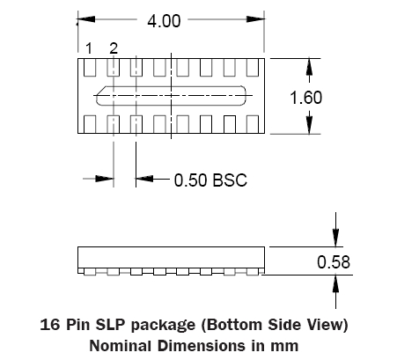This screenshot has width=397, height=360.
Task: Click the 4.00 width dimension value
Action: pyautogui.click(x=164, y=21)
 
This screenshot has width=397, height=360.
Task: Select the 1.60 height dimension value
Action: pyautogui.click(x=305, y=98)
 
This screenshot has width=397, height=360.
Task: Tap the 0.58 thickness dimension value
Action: pyautogui.click(x=334, y=262)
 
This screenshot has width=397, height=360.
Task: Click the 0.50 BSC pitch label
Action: pyautogui.click(x=210, y=180)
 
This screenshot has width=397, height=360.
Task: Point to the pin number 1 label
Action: pyautogui.click(x=89, y=48)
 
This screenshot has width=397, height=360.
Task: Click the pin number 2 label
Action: pyautogui.click(x=114, y=48)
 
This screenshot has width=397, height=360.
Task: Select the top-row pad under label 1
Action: pyautogui.click(x=90, y=68)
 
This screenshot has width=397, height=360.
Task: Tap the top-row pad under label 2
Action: pyautogui.click(x=114, y=68)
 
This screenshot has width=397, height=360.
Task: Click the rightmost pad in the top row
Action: pyautogui.click(x=253, y=68)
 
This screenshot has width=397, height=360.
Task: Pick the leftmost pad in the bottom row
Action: pyautogui.click(x=90, y=124)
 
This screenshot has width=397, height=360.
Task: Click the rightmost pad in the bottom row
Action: pyautogui.click(x=253, y=124)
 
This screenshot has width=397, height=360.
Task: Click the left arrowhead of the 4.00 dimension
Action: pyautogui.click(x=86, y=19)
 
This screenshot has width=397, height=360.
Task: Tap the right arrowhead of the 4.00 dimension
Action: pyautogui.click(x=255, y=19)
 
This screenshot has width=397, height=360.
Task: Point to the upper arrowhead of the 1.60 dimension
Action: pyautogui.click(x=309, y=67)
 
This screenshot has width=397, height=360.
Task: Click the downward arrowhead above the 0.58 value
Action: pyautogui.click(x=335, y=238)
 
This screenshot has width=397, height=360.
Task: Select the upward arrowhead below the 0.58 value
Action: pyautogui.click(x=335, y=284)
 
